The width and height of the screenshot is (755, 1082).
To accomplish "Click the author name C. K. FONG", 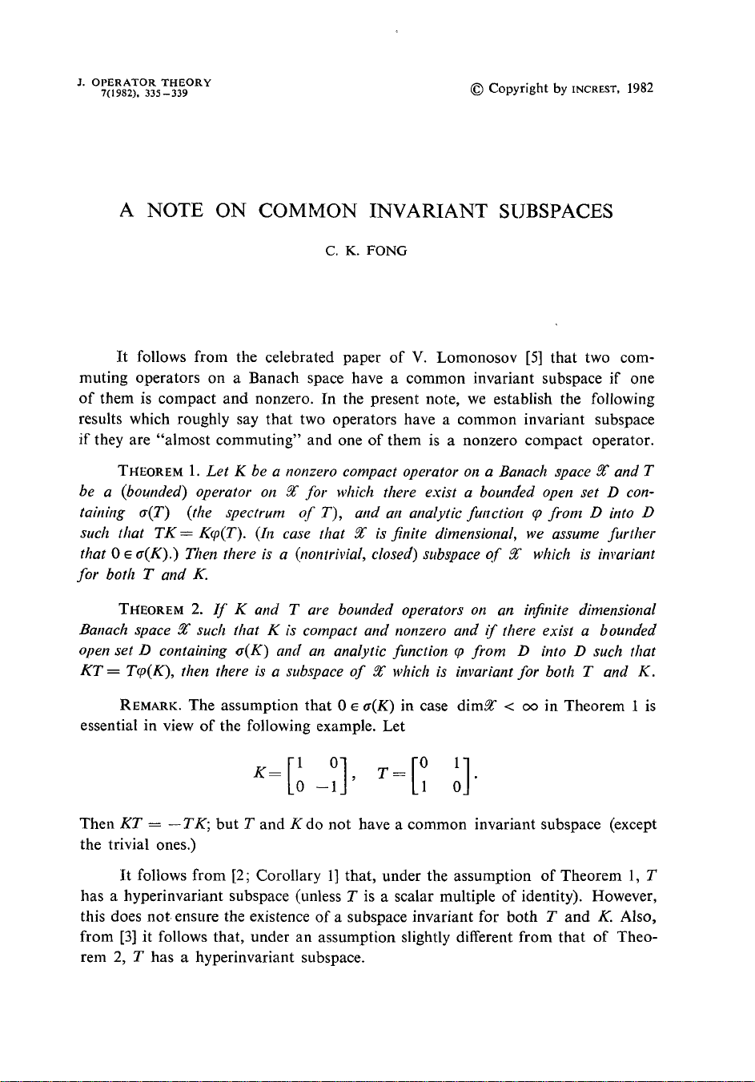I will (366, 251).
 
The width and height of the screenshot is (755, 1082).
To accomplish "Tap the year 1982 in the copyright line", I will (641, 88).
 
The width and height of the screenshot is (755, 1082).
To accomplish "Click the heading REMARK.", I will (150, 706).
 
